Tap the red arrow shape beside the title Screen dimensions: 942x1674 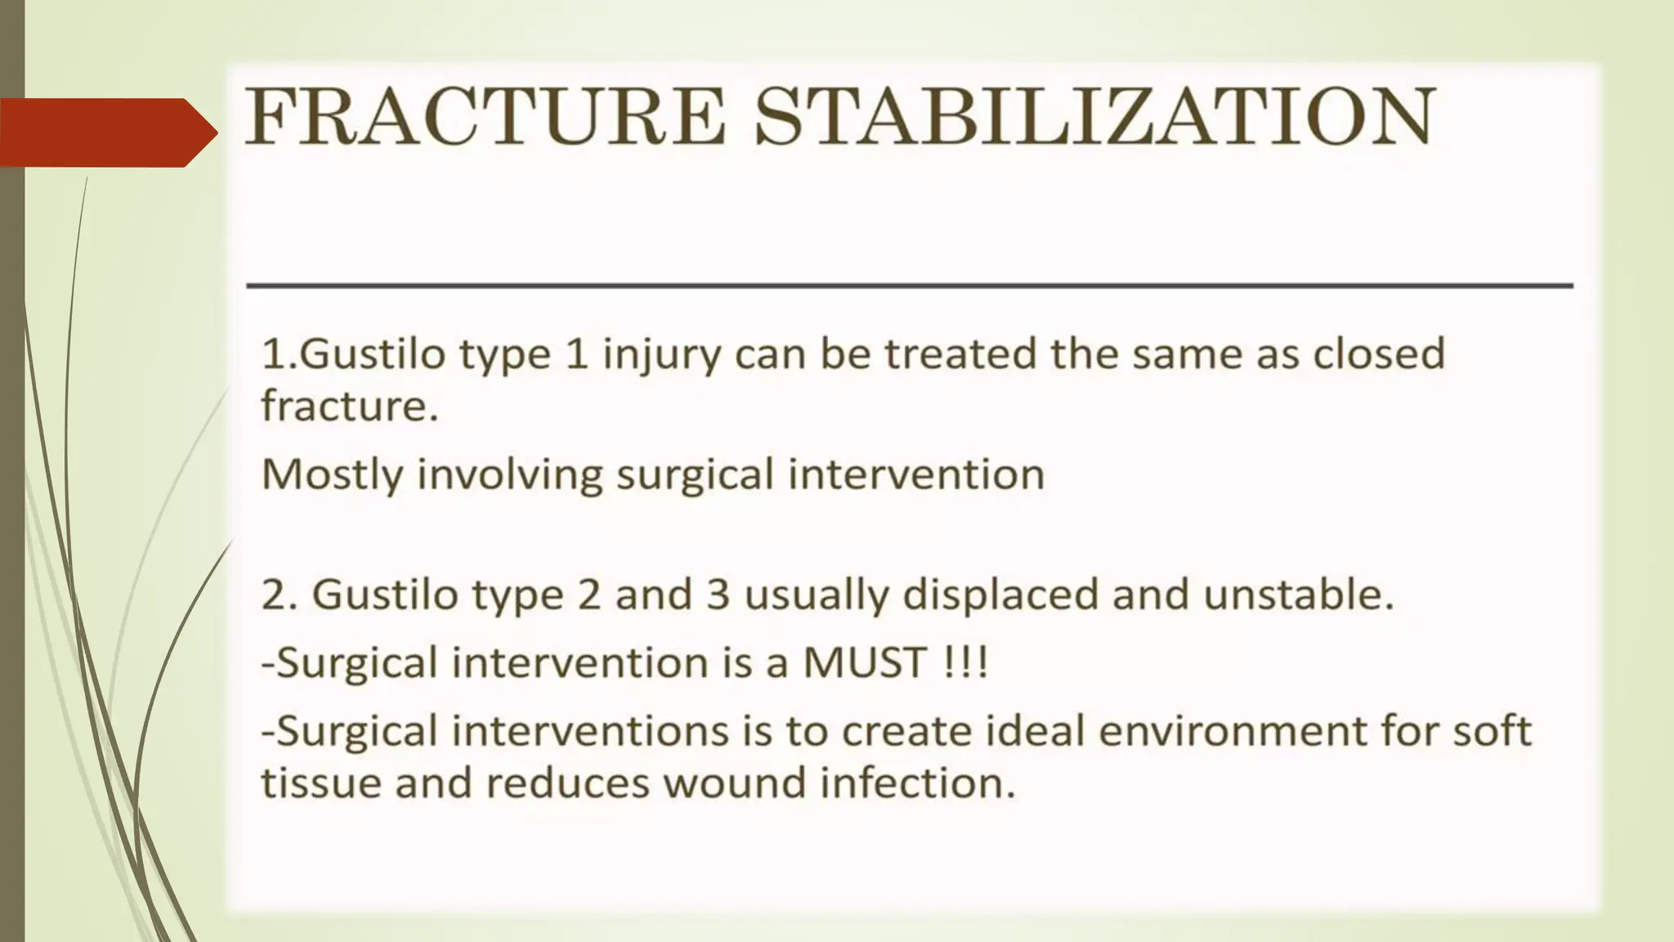[x=106, y=132]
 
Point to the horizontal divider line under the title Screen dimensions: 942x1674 [x=909, y=285]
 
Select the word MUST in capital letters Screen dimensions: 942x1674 [x=865, y=662]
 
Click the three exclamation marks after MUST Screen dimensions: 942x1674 [x=965, y=662]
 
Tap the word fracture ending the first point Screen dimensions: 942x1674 [x=349, y=406]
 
